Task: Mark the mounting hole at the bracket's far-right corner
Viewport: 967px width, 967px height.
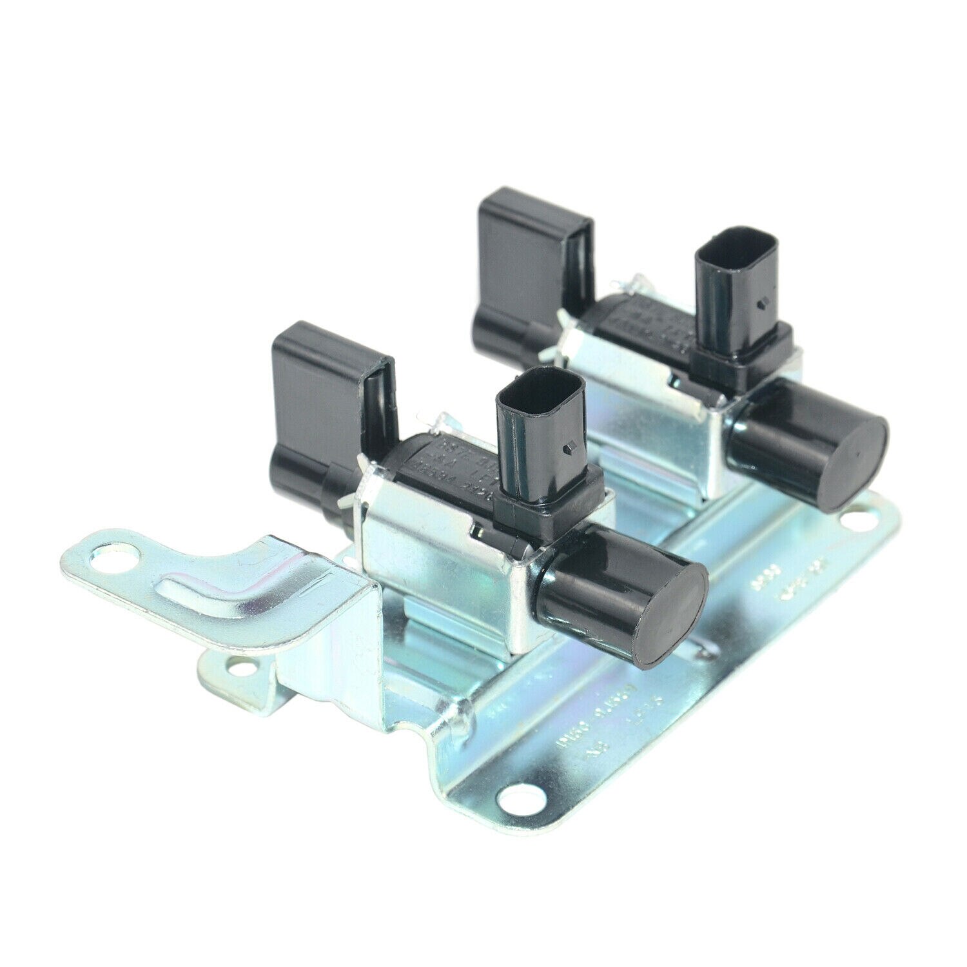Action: (860, 516)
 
